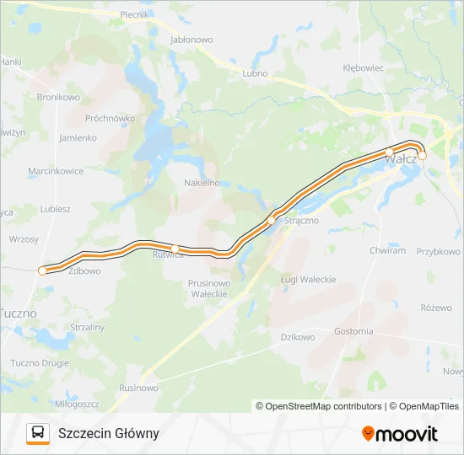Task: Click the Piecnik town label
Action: pos(134,14)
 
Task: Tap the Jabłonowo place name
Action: pos(192,40)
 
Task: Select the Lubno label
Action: pos(254,73)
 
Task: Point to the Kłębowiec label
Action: pos(364,67)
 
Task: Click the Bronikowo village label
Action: pos(58,97)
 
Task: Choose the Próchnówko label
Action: pos(110,118)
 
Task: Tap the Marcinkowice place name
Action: pos(56,171)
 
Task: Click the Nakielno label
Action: pos(202,182)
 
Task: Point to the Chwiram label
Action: pos(388,250)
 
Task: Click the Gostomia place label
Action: pos(353,331)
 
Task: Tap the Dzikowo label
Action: pos(297,337)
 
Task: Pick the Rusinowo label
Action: pos(138,388)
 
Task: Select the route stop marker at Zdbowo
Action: pos(42,270)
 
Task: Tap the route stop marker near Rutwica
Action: pos(175,248)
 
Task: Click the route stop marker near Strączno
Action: pos(271,221)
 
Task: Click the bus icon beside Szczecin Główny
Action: pos(38,433)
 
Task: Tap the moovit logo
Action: pos(400,434)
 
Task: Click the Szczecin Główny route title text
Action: pos(109,433)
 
